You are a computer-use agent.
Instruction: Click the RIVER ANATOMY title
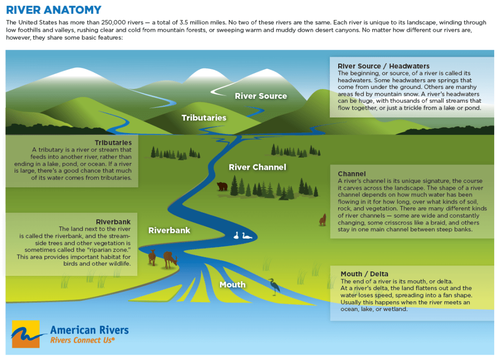(x=54, y=10)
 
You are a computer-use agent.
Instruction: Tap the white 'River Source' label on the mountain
(x=261, y=96)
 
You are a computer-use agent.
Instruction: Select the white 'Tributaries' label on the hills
(x=204, y=118)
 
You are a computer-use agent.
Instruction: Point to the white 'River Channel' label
(x=257, y=167)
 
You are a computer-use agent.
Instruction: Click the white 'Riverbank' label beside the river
(x=169, y=230)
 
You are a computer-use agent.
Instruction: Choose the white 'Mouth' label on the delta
(x=232, y=285)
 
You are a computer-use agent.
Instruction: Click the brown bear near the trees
(x=222, y=186)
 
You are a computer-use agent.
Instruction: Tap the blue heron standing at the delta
(x=274, y=287)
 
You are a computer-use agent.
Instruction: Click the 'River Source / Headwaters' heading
(x=383, y=66)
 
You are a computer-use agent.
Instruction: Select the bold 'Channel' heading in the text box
(x=351, y=174)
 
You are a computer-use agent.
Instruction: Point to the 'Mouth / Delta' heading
(x=364, y=274)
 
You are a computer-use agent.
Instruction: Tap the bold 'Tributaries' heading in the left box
(x=113, y=143)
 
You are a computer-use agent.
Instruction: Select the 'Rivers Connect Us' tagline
(x=83, y=340)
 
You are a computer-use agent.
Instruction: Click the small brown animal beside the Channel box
(x=323, y=220)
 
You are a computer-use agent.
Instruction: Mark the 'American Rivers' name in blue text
(x=89, y=330)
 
